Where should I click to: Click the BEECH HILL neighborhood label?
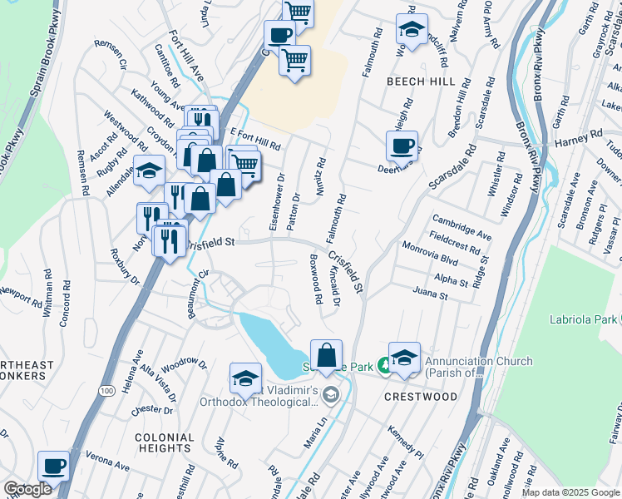[420, 82]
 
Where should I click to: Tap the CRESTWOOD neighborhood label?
[421, 397]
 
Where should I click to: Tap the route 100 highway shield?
[106, 390]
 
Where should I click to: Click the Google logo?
[27, 489]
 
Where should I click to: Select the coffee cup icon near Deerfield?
[402, 146]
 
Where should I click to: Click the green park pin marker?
[383, 364]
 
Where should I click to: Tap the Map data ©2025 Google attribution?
[570, 492]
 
